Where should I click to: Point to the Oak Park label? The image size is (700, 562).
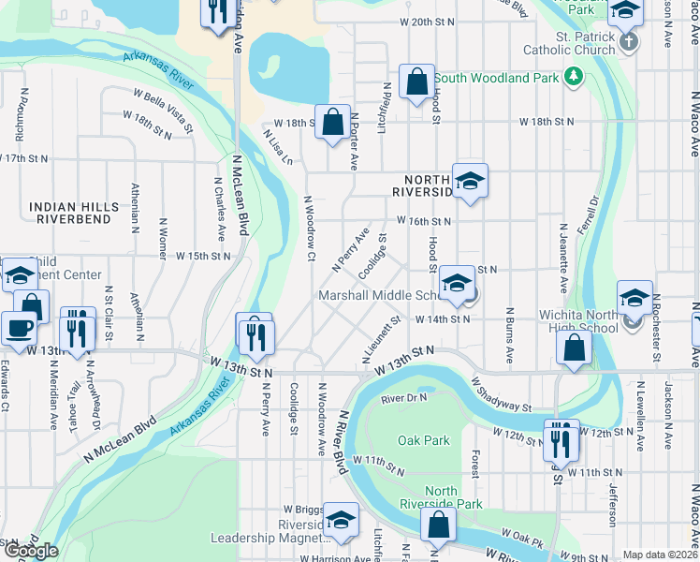pos(423,440)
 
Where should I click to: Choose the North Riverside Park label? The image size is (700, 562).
pos(454,497)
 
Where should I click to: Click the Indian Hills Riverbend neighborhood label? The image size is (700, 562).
pos(74,213)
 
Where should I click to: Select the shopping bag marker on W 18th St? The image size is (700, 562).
pos(332,122)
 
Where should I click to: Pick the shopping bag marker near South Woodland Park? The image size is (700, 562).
pos(416,81)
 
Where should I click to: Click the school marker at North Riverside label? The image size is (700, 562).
pos(470,180)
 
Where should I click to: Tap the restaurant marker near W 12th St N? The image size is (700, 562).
pos(561,437)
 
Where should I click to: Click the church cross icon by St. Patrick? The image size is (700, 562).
pos(630,43)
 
